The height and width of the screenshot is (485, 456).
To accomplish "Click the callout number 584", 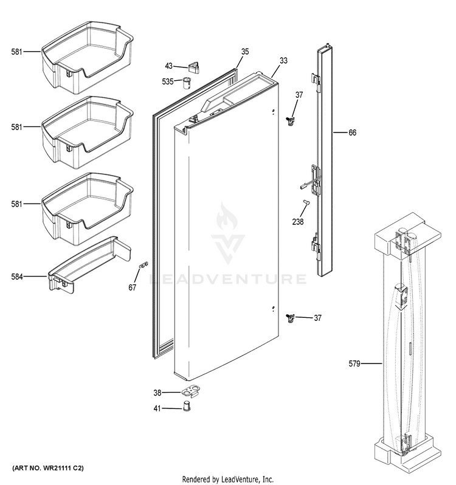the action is point(17,277).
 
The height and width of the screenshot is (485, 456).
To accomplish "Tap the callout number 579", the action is point(354,363).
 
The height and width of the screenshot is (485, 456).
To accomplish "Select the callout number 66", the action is point(353,132).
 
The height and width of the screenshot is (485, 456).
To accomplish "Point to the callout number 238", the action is point(298,222).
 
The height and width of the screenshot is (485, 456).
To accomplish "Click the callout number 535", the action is point(168,81).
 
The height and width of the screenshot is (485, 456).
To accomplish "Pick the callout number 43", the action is point(168,66).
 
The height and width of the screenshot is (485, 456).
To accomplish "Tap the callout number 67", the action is point(133,287).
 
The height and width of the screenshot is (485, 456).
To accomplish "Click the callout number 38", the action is point(157,393).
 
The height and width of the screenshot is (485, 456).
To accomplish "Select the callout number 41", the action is point(157,409).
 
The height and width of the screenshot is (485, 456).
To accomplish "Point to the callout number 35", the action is point(245,52).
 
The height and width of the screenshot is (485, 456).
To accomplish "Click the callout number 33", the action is point(283,61).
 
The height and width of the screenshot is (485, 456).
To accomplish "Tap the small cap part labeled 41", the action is point(187,406).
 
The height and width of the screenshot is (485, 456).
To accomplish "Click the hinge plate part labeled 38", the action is point(191,391).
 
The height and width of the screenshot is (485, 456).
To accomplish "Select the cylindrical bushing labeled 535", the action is point(186,83).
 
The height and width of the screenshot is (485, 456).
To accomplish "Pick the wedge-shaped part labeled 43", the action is point(194,67).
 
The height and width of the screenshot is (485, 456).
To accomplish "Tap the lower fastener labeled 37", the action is point(290,318).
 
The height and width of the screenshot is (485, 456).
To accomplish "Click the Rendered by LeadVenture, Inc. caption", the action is point(228,479).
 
